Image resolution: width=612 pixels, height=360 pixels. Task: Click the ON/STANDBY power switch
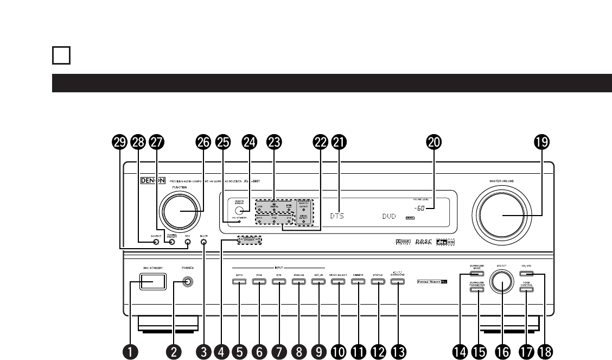(151, 281)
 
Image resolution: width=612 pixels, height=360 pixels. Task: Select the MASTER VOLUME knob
(502, 216)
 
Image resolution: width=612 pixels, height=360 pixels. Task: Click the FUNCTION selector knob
(180, 212)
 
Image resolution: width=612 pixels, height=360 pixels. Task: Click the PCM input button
(259, 281)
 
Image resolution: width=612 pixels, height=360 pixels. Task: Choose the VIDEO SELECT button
(338, 281)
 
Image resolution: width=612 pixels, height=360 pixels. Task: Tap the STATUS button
(378, 281)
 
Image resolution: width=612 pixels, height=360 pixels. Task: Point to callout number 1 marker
(130, 351)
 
